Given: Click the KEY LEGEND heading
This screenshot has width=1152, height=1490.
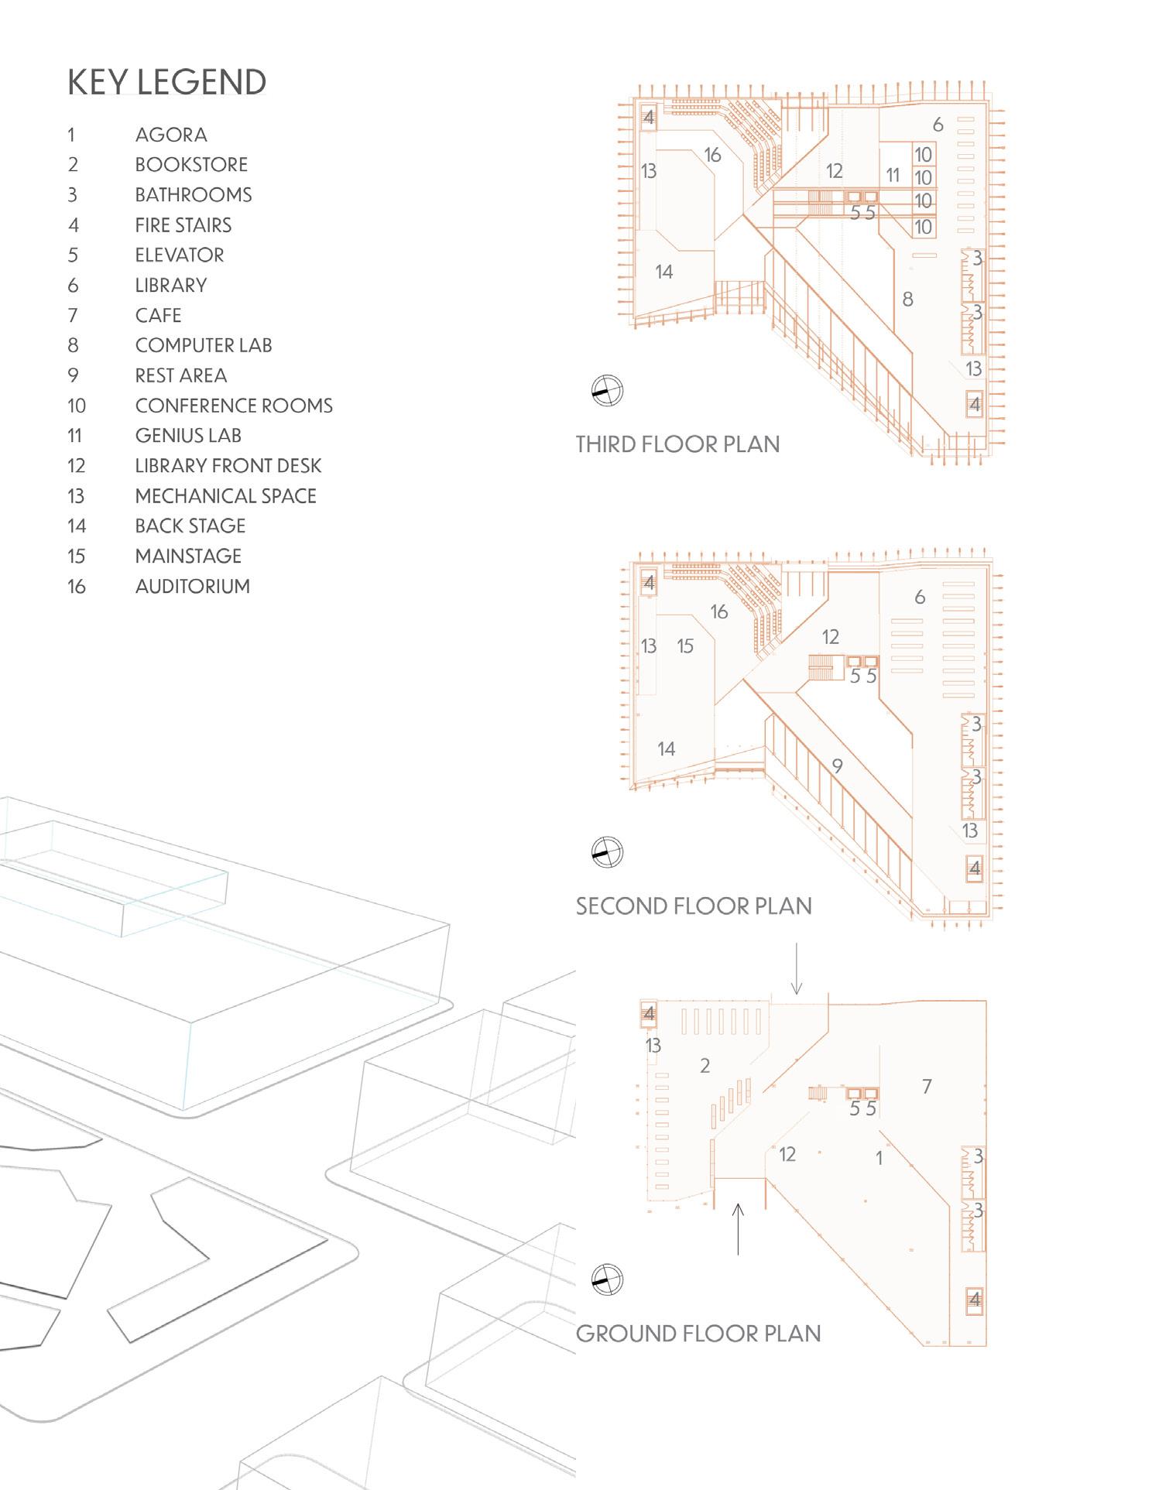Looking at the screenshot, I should click(x=166, y=82).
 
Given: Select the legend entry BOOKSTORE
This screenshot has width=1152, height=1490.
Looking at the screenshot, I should click(x=191, y=165).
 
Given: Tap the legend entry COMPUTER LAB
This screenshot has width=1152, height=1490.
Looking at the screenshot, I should click(x=204, y=345).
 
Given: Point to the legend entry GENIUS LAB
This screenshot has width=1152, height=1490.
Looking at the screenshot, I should click(x=188, y=436).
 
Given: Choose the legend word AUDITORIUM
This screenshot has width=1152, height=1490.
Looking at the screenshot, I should click(x=192, y=587).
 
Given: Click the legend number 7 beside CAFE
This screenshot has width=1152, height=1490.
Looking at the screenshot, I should click(x=73, y=316).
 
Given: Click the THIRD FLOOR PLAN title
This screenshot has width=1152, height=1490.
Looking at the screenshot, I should click(x=677, y=444).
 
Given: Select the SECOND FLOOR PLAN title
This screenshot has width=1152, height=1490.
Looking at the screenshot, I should click(x=693, y=906).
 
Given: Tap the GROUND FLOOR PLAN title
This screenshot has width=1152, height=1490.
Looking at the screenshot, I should click(x=698, y=1334).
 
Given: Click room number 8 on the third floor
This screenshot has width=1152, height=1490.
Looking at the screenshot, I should click(x=907, y=300).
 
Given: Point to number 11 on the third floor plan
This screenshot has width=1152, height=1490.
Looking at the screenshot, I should click(x=893, y=176).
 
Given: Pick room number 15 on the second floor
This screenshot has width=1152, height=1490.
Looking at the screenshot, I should click(x=685, y=646).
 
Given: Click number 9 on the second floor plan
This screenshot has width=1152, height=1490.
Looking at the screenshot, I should click(x=837, y=766).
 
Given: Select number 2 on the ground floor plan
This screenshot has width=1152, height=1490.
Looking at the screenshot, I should click(x=705, y=1067).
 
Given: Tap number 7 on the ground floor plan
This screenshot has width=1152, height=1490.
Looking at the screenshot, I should click(x=927, y=1087).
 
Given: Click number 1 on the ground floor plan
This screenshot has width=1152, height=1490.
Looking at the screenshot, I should click(x=879, y=1159).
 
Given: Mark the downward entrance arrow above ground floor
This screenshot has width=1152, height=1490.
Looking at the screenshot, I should click(x=796, y=968).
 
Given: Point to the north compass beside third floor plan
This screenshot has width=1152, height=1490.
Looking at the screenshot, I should click(x=607, y=391).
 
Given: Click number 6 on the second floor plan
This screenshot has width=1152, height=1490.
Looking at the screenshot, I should click(x=919, y=597).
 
